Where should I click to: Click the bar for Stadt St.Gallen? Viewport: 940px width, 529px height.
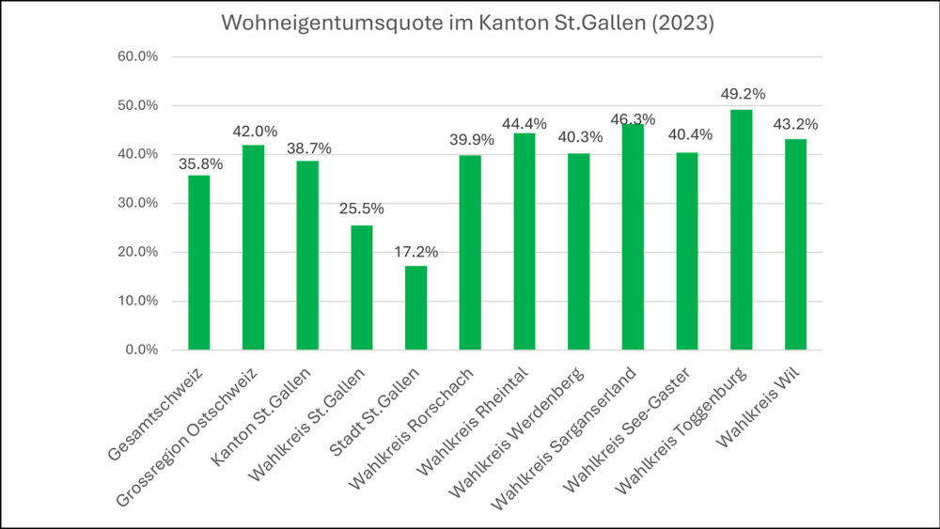pyautogui.click(x=415, y=308)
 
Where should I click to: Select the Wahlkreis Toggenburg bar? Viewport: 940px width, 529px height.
pyautogui.click(x=741, y=230)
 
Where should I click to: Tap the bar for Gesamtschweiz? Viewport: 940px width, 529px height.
pyautogui.click(x=198, y=263)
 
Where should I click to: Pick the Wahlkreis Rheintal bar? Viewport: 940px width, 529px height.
pyautogui.click(x=524, y=241)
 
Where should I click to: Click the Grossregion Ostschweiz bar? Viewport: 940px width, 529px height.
pyautogui.click(x=253, y=247)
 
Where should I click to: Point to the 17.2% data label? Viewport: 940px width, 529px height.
pyautogui.click(x=415, y=252)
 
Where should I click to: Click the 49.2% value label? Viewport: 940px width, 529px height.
pyautogui.click(x=742, y=94)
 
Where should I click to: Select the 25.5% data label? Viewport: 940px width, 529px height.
pyautogui.click(x=362, y=210)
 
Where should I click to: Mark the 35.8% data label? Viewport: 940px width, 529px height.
pyautogui.click(x=200, y=163)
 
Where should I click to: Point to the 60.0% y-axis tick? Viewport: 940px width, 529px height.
pyautogui.click(x=137, y=56)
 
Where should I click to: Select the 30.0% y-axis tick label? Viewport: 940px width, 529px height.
pyautogui.click(x=137, y=204)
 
